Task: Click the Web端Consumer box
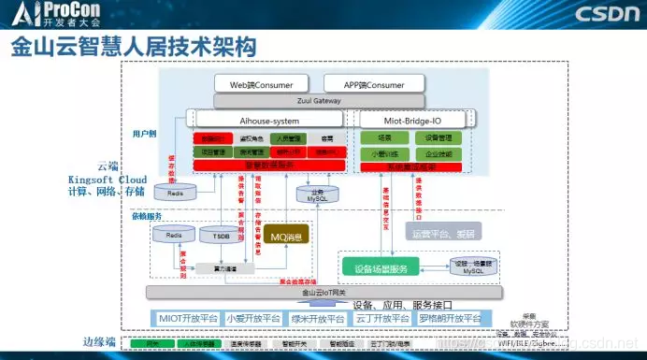(x=263, y=84)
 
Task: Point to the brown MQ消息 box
(x=287, y=236)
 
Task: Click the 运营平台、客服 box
(x=439, y=229)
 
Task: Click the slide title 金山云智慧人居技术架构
(x=121, y=47)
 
